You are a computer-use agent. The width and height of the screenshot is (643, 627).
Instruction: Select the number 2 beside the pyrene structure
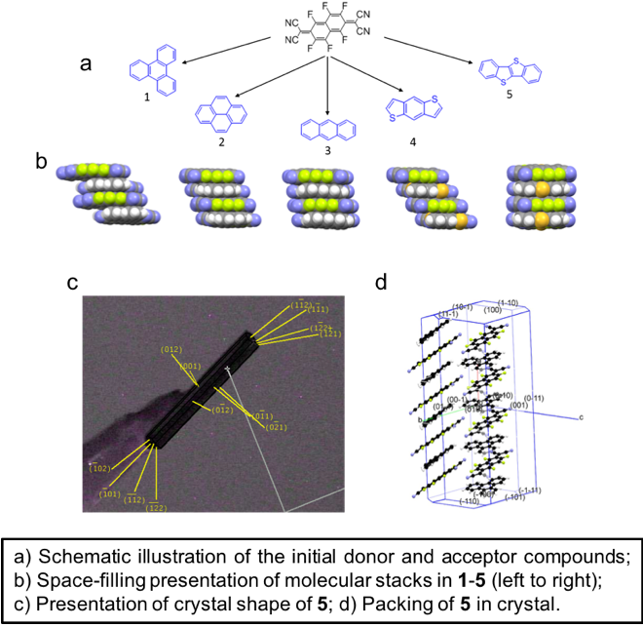221,141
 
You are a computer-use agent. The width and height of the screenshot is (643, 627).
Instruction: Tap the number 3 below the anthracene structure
326,151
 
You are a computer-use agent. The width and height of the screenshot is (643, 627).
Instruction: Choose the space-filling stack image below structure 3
321,199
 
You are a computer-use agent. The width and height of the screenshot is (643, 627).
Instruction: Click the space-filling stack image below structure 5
541,197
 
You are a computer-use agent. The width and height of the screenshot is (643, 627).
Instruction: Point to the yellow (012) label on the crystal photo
171,348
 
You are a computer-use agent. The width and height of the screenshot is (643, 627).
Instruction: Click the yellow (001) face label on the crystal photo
190,366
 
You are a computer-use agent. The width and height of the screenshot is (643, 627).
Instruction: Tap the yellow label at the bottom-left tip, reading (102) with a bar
100,468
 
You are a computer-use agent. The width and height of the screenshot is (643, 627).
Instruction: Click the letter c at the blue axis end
580,417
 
